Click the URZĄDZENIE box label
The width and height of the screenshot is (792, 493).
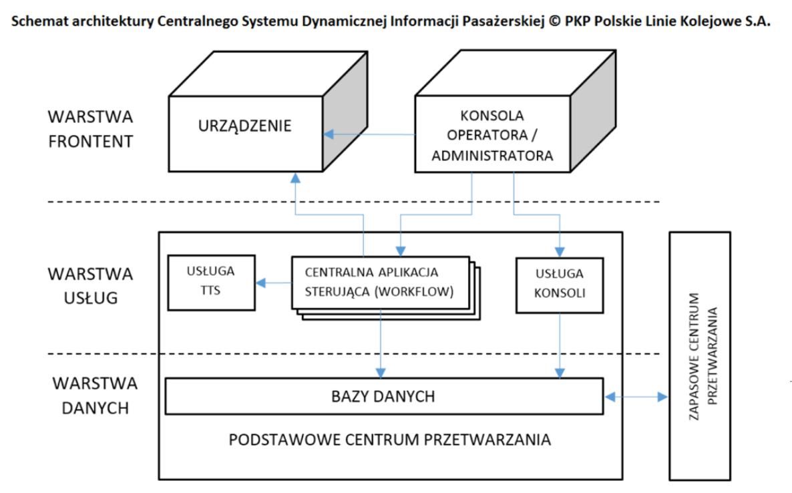point(244,126)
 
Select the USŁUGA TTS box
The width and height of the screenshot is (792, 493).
point(211,283)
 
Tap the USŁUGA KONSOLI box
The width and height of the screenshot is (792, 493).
point(560,285)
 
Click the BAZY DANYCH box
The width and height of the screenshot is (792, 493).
point(385,397)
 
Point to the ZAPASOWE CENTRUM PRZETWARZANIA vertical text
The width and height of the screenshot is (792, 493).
point(703,356)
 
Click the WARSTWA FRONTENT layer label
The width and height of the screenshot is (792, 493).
point(90,129)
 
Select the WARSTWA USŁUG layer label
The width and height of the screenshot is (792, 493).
point(90,286)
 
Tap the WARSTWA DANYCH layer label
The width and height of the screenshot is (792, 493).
point(95,395)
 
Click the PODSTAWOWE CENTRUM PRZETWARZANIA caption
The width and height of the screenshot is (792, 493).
point(389,440)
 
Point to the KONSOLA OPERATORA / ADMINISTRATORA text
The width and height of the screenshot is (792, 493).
point(492,136)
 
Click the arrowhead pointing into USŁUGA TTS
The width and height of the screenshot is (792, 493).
point(260,283)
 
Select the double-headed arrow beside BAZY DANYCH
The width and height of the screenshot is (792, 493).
point(636,397)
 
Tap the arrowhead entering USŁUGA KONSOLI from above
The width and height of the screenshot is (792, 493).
point(560,252)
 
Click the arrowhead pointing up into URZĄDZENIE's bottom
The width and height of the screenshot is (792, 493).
point(295,178)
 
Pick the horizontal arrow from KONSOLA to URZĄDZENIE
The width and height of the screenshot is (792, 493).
point(369,134)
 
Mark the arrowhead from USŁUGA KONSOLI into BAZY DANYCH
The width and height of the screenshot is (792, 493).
point(560,373)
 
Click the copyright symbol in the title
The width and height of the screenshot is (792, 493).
point(555,21)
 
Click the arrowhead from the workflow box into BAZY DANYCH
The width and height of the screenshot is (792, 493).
point(381,373)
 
